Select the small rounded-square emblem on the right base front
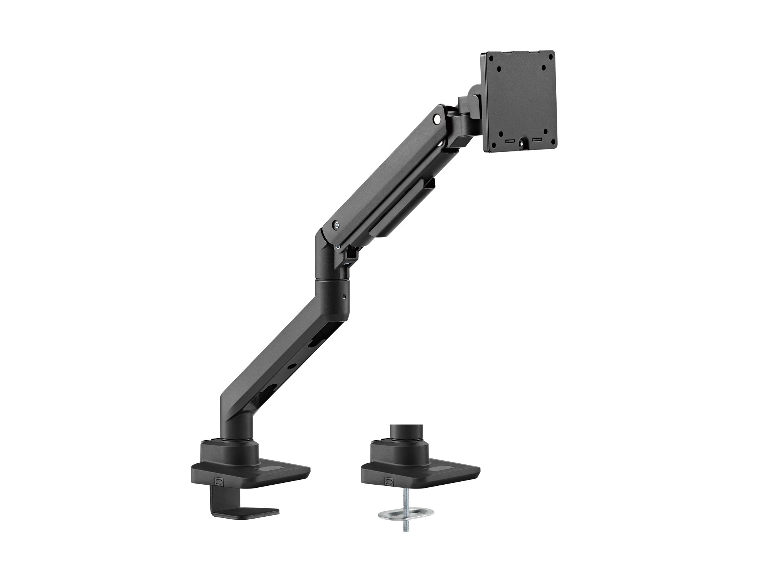point(389,481)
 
